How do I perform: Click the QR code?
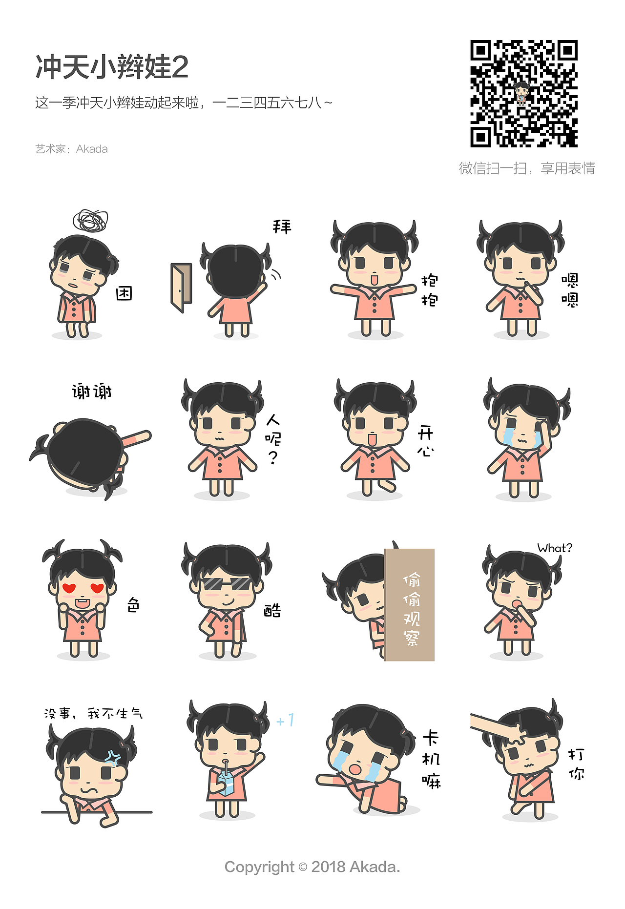tap(524, 93)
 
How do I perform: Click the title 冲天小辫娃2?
tap(112, 67)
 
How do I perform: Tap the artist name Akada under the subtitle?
tap(92, 149)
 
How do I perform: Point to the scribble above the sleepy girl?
tap(90, 221)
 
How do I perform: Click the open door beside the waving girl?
tap(181, 287)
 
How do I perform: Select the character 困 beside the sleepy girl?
tap(124, 293)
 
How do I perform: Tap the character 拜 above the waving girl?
tap(282, 227)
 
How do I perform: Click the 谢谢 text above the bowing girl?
tap(92, 392)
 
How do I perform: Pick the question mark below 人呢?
tap(273, 457)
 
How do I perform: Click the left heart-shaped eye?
tap(69, 588)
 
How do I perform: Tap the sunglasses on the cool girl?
tap(227, 583)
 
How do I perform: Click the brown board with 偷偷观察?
tap(409, 605)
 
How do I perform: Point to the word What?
tap(555, 548)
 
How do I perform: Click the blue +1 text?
tap(285, 720)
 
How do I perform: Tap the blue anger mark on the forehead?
tap(112, 757)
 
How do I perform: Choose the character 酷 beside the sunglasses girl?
tap(272, 610)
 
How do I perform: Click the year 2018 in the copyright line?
tap(329, 867)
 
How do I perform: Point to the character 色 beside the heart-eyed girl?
tap(133, 605)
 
